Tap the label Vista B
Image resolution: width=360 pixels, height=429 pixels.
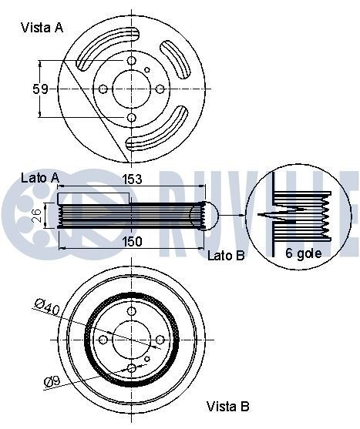click(227, 406)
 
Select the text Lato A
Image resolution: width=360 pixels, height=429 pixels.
click(39, 177)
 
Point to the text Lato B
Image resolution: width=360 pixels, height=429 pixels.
click(226, 254)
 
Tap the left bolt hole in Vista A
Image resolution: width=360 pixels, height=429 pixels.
click(103, 89)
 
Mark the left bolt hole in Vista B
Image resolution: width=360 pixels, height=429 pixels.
click(103, 339)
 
